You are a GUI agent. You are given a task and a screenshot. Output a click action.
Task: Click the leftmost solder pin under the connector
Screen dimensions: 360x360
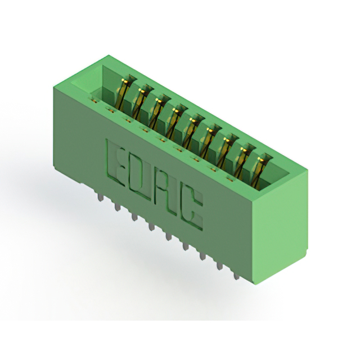tap(100, 199)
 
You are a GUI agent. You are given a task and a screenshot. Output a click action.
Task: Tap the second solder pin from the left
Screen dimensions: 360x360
tap(116, 206)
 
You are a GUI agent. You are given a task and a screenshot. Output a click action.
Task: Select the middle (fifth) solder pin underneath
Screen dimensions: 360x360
tap(169, 236)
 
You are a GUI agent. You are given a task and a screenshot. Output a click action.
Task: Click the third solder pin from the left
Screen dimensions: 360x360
tap(134, 216)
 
